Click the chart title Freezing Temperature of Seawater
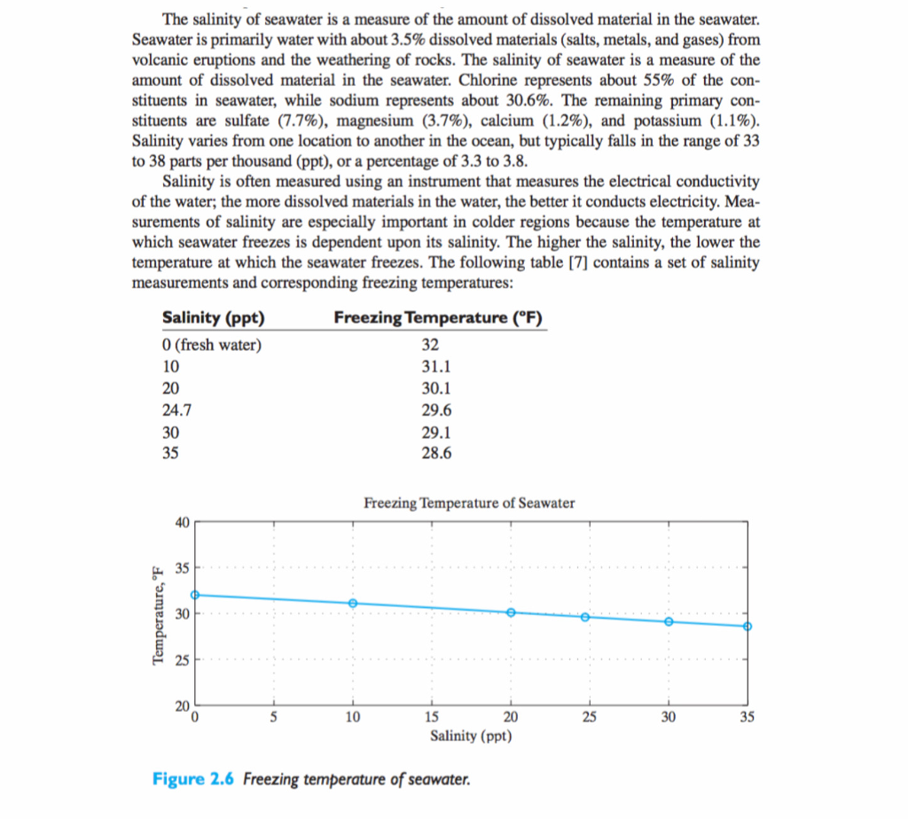tap(469, 503)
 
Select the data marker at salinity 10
tap(353, 604)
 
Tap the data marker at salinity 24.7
tap(585, 617)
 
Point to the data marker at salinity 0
tap(196, 596)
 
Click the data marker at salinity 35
tap(748, 627)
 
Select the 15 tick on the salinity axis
tap(432, 718)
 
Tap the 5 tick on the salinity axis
tap(274, 718)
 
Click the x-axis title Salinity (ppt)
tap(471, 736)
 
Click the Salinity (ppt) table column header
tap(214, 319)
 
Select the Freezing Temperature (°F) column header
tap(438, 319)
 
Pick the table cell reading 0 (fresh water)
tap(213, 345)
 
